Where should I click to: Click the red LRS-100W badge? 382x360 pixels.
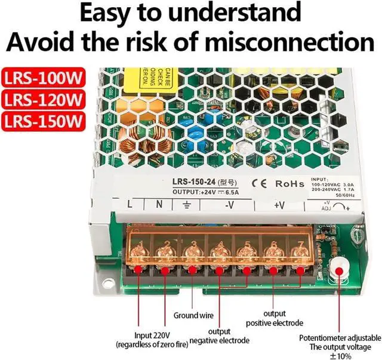[x=43, y=78]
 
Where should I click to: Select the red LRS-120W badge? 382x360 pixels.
[x=43, y=99]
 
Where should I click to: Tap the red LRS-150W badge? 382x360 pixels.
[x=43, y=121]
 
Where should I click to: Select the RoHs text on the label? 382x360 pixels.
[x=289, y=183]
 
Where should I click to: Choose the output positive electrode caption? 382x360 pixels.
[x=274, y=318]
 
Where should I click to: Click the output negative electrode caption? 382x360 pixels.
[x=219, y=336]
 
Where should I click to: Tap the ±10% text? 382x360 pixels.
[x=339, y=355]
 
